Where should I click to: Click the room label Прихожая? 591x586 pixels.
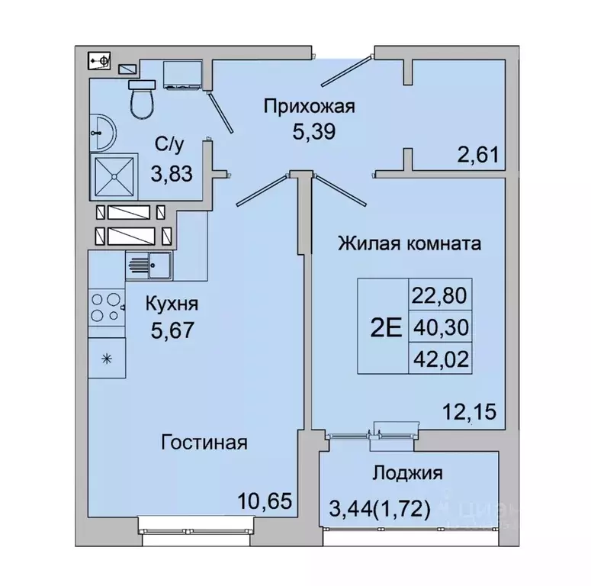310,106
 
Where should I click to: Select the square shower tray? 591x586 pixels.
114,176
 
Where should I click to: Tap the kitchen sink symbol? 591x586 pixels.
149,266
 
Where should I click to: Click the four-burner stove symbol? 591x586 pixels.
106,307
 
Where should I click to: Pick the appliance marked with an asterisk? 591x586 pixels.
107,358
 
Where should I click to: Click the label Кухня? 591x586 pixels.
172,304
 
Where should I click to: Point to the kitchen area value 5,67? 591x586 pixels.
172,332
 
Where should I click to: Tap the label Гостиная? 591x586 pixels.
204,442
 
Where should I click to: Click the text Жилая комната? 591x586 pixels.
409,244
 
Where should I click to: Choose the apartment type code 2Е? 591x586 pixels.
385,328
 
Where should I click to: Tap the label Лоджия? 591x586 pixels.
407,473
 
